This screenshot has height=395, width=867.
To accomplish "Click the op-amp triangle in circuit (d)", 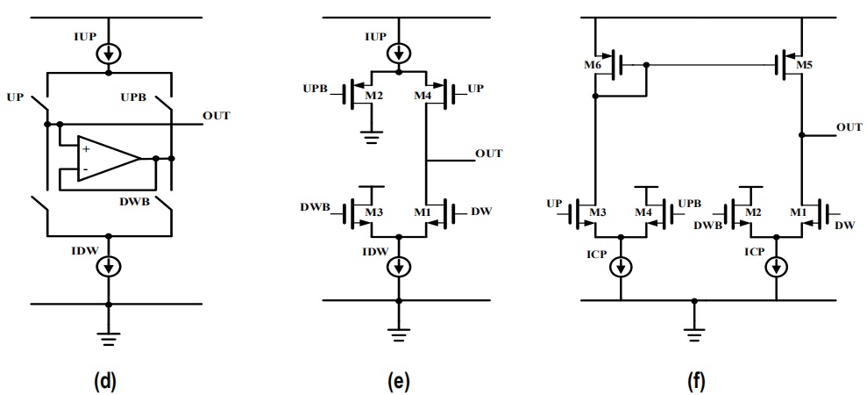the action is click(109, 159).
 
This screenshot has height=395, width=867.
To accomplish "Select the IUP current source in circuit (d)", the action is click(109, 54).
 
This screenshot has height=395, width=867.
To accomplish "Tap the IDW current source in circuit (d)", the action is click(109, 267).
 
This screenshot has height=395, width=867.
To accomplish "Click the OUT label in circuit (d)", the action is click(217, 116).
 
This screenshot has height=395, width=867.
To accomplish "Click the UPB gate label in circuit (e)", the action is click(316, 89).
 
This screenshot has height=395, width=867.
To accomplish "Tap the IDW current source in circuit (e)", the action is click(398, 267).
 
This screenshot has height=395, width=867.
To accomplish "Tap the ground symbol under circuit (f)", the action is click(694, 334).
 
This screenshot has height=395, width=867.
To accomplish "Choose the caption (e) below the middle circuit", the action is click(398, 381).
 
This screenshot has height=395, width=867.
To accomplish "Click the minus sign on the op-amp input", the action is click(85, 168).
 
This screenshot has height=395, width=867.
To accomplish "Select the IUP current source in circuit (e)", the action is click(398, 54).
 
